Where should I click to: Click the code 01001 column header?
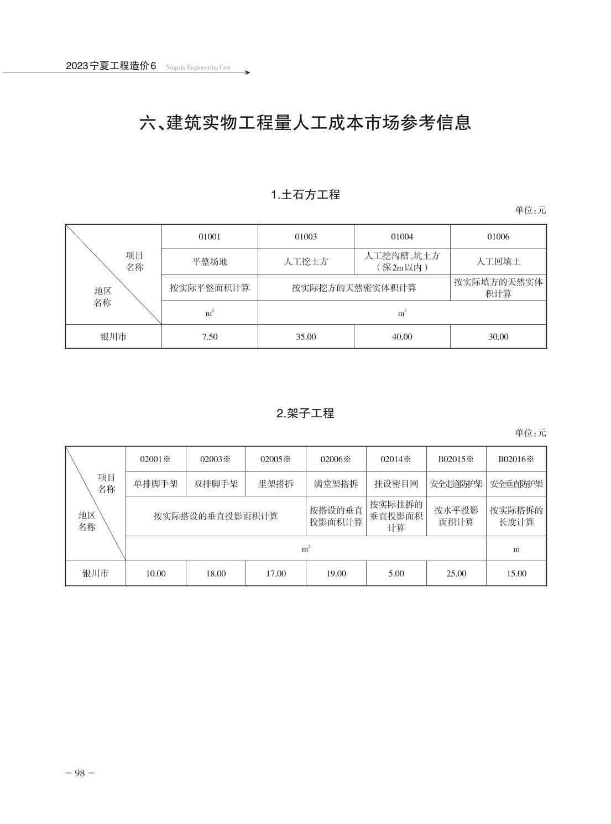tap(210, 237)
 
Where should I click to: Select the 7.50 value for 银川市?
tap(210, 336)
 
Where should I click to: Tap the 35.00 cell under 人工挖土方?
tap(306, 336)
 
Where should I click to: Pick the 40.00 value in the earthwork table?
tap(402, 336)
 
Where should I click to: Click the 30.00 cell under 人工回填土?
tap(498, 336)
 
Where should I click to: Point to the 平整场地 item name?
tap(210, 262)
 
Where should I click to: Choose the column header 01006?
tap(498, 237)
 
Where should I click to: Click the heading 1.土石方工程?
tap(305, 195)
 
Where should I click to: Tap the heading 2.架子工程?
tap(305, 413)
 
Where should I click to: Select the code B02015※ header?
tap(456, 459)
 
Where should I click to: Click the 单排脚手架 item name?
tap(155, 484)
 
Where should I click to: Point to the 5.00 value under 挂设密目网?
tap(396, 573)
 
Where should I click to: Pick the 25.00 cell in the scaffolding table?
tap(456, 573)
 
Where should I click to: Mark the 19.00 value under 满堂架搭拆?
tap(336, 573)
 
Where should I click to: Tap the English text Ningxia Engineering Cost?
tap(198, 68)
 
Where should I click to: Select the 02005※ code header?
tap(275, 459)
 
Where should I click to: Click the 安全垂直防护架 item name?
tap(516, 484)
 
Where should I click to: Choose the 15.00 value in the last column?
tap(516, 573)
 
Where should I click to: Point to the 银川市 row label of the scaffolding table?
tap(96, 573)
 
